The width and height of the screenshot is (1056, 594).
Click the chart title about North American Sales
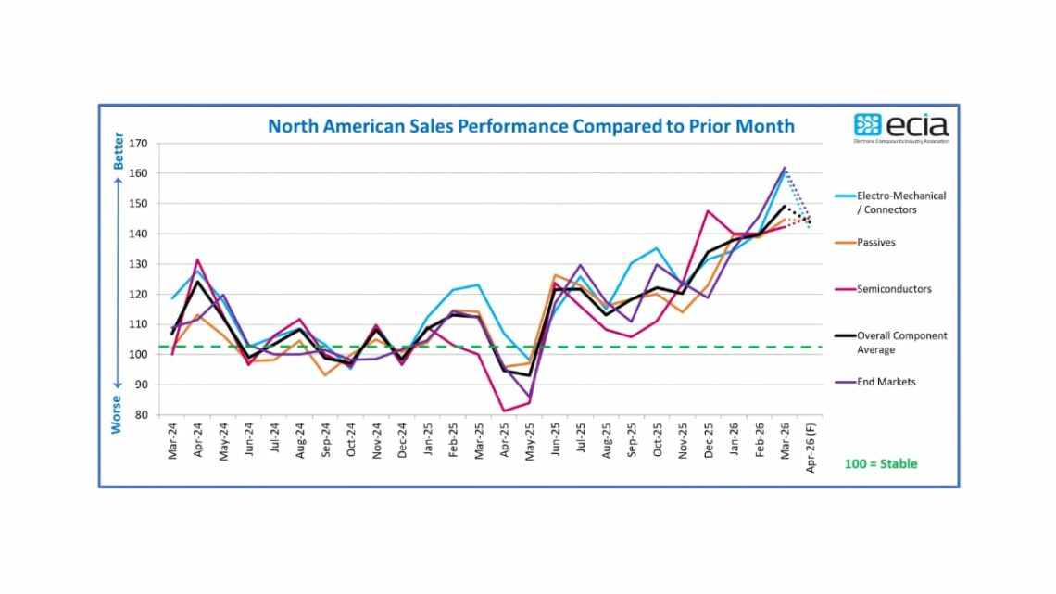(531, 125)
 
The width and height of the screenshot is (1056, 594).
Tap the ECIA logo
(900, 126)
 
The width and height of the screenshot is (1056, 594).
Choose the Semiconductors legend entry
(894, 289)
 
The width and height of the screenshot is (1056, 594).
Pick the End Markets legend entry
(886, 382)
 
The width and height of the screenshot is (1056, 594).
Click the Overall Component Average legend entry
(901, 342)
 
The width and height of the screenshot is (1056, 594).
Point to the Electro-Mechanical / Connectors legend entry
(900, 203)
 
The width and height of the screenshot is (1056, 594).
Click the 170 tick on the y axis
(139, 144)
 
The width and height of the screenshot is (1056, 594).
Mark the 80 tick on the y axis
(142, 415)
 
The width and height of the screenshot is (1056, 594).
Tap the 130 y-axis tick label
(139, 264)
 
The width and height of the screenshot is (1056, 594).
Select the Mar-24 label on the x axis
(173, 443)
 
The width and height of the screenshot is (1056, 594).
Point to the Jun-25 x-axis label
(557, 443)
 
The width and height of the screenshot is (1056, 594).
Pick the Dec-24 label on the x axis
(403, 443)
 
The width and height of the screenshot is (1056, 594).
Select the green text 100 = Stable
(881, 463)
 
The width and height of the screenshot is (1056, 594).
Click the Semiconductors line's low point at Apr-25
(505, 411)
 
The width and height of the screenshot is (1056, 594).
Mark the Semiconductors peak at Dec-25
(708, 211)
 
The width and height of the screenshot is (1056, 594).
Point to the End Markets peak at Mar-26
(785, 168)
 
